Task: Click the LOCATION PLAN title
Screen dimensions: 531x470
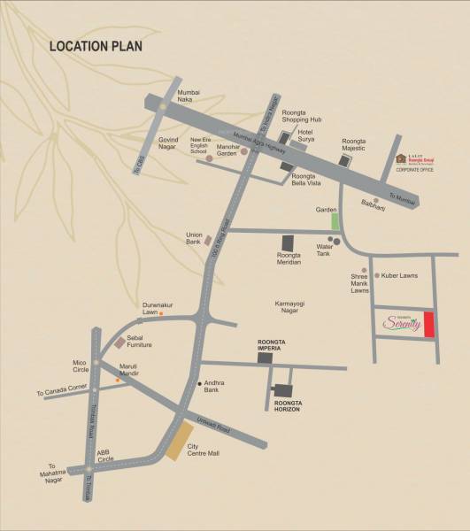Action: coord(96,46)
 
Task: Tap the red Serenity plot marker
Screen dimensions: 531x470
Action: coord(429,325)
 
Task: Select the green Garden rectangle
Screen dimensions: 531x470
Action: coord(335,221)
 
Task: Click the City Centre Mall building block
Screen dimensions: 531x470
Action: coord(180,441)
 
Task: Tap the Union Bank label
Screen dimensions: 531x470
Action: coord(195,238)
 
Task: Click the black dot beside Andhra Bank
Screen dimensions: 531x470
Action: coord(198,383)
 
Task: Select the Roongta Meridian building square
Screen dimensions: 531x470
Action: coord(287,242)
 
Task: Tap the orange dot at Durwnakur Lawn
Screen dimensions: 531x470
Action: coord(161,313)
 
